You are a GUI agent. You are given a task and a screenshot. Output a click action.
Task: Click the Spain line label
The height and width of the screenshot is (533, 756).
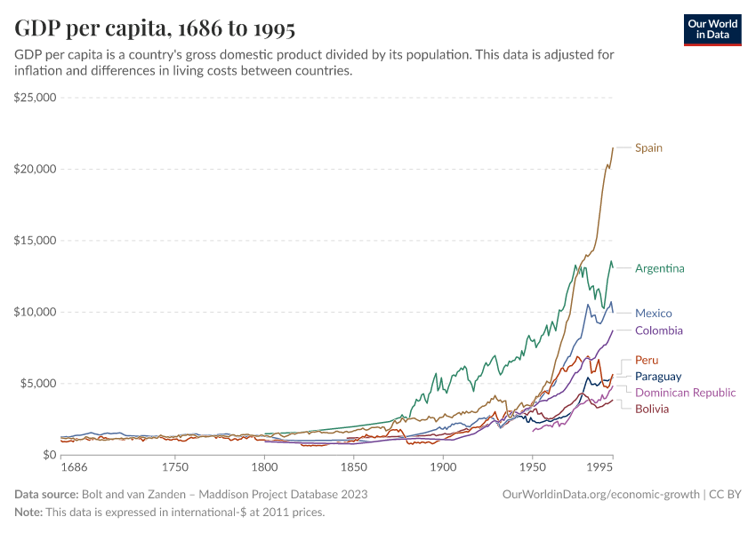(x=648, y=147)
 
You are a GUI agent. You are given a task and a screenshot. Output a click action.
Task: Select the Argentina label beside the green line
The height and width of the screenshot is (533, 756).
(x=659, y=268)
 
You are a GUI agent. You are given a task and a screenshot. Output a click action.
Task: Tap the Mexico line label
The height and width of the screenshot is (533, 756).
(x=653, y=313)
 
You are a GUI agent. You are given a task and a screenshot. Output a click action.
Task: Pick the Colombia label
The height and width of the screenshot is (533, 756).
(x=658, y=330)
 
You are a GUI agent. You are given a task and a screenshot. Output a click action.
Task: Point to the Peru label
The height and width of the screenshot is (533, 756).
(x=646, y=360)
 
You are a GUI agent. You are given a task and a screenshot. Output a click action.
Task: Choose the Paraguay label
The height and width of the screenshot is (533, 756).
(x=658, y=377)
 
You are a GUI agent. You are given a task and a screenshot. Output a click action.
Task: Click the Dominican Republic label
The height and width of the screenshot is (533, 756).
(x=685, y=393)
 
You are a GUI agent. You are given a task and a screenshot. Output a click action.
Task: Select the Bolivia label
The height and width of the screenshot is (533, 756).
(x=652, y=409)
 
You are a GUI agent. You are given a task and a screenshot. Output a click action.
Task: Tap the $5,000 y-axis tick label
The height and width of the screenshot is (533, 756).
(x=38, y=383)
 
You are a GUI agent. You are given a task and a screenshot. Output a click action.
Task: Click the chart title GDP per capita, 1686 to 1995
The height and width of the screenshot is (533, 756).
(x=155, y=28)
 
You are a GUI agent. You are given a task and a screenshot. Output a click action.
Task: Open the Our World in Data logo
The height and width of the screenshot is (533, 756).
(x=712, y=29)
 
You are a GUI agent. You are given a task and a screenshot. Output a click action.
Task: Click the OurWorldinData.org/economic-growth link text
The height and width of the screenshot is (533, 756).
(x=601, y=494)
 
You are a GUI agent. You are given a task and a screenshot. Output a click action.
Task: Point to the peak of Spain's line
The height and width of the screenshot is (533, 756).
(x=612, y=147)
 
